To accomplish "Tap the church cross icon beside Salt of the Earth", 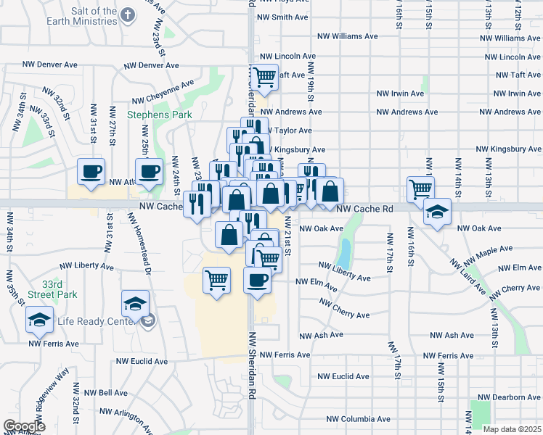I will pyautogui.click(x=128, y=14).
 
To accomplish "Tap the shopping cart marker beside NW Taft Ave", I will pyautogui.click(x=265, y=75).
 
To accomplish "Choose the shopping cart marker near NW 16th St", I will pyautogui.click(x=421, y=188).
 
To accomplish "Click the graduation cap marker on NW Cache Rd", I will pyautogui.click(x=437, y=212).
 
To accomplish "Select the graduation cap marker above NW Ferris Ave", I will pyautogui.click(x=39, y=318).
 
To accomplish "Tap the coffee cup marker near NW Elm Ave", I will pyautogui.click(x=257, y=279).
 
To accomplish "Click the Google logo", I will pyautogui.click(x=24, y=426).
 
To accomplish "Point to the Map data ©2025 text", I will pyautogui.click(x=513, y=429).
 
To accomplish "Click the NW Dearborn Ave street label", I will pyautogui.click(x=513, y=397).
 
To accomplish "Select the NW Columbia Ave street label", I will pyautogui.click(x=358, y=419).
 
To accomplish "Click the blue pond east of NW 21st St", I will pyautogui.click(x=344, y=253).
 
